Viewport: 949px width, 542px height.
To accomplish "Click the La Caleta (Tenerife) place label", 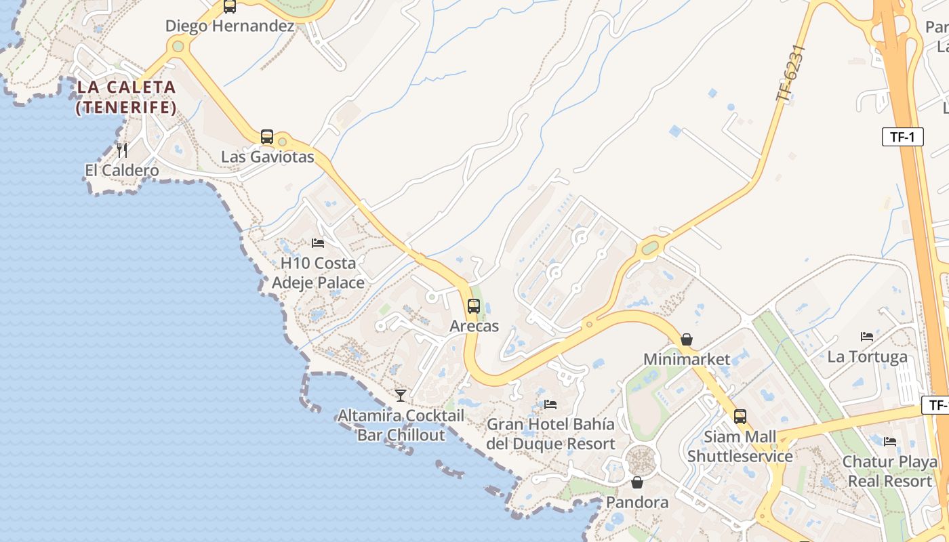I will pyautogui.click(x=126, y=97).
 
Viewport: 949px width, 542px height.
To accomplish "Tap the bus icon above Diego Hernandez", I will pyautogui.click(x=230, y=7).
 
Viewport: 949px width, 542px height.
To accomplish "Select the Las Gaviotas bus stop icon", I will pyautogui.click(x=267, y=137).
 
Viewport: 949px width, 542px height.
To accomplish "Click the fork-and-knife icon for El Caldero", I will pyautogui.click(x=122, y=150).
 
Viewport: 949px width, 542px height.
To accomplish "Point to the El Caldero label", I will pyautogui.click(x=122, y=170).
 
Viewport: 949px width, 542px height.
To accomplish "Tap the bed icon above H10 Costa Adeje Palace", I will pyautogui.click(x=318, y=243).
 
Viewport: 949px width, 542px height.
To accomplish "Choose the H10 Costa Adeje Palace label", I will pyautogui.click(x=318, y=272).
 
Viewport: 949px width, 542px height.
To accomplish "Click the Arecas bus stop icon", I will pyautogui.click(x=474, y=306).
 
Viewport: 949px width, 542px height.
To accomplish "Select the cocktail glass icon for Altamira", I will pyautogui.click(x=401, y=395).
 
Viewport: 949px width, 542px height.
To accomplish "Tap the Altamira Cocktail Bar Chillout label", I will pyautogui.click(x=401, y=425).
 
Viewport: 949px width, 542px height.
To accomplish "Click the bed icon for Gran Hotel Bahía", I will pyautogui.click(x=550, y=404).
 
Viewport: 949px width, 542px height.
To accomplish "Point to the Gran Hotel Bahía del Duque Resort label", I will pyautogui.click(x=550, y=434).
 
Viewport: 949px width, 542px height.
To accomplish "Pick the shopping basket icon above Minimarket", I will pyautogui.click(x=687, y=339).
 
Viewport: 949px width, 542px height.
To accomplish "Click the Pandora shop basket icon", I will pyautogui.click(x=637, y=482).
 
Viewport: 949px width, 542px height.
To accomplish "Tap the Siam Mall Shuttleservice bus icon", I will pyautogui.click(x=740, y=417).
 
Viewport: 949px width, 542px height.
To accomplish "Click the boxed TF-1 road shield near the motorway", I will pyautogui.click(x=903, y=137).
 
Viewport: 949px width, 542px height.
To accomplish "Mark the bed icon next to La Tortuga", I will pyautogui.click(x=867, y=336).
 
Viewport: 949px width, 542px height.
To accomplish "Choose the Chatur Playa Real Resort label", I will pyautogui.click(x=889, y=471).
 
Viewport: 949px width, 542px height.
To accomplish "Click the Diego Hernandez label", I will pyautogui.click(x=230, y=26).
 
